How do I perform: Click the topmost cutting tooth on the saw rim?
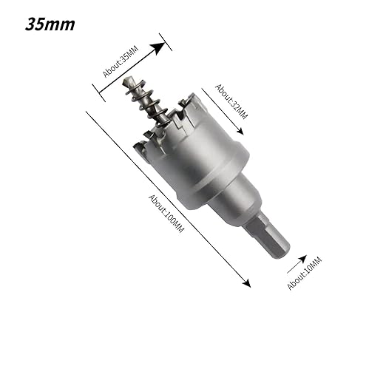tap(194, 97)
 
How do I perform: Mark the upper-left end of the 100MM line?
tap(87, 112)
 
